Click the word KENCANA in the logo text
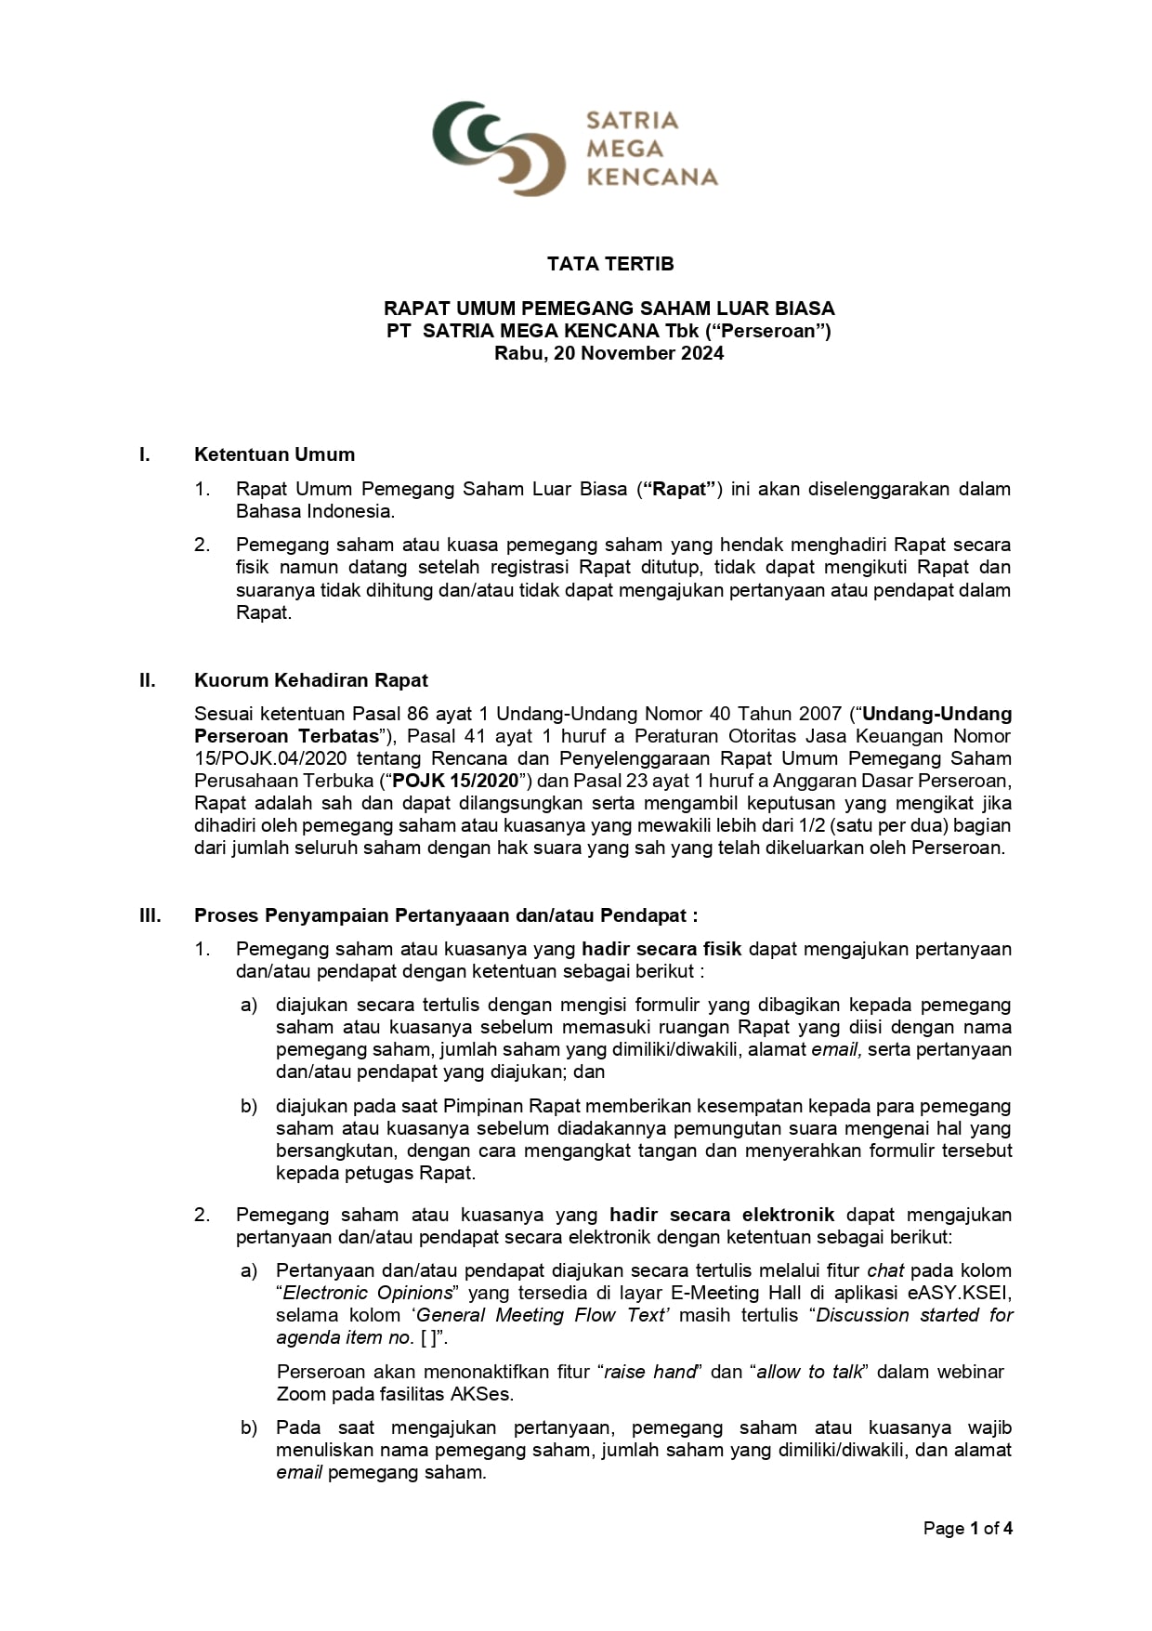(x=652, y=177)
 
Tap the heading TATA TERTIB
(x=610, y=264)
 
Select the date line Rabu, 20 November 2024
(x=609, y=353)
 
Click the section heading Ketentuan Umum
(x=274, y=454)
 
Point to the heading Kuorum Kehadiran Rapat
(x=311, y=680)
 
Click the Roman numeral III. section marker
(x=151, y=915)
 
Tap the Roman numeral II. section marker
(x=148, y=680)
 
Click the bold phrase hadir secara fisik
(x=661, y=949)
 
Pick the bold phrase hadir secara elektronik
(x=722, y=1215)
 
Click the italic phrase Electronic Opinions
(x=368, y=1293)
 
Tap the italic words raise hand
(x=649, y=1372)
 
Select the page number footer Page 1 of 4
(x=967, y=1528)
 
